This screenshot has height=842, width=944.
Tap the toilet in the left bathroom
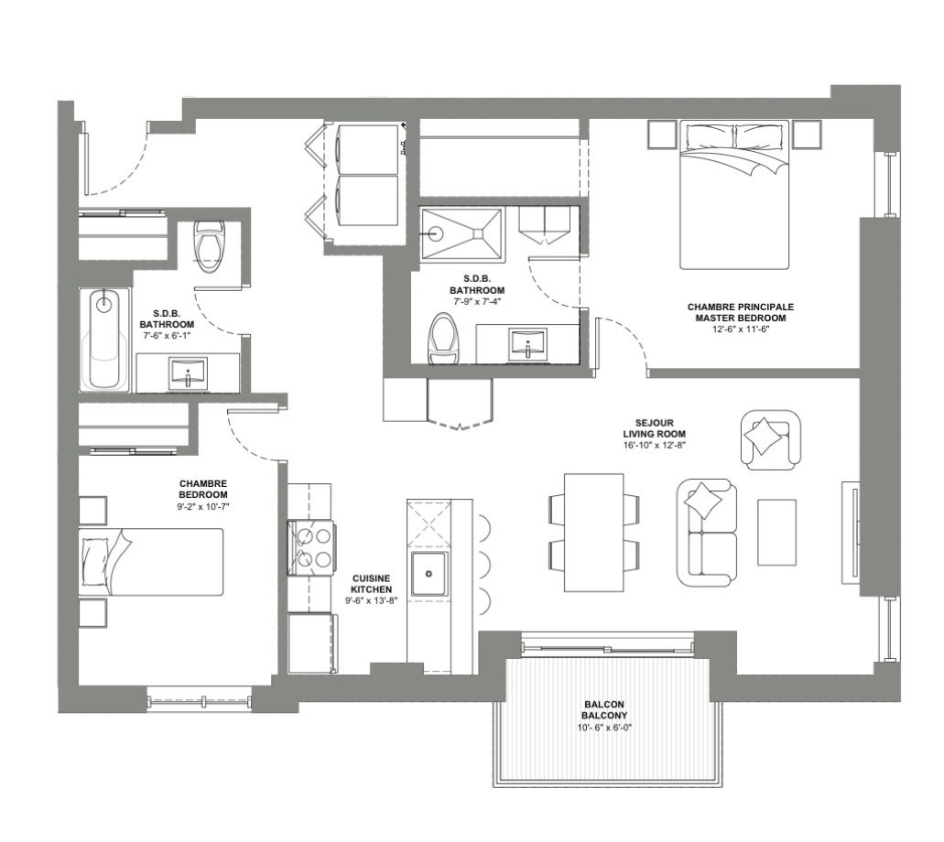(209, 246)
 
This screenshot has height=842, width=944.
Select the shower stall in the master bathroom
(461, 234)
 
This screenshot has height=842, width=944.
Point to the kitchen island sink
(429, 574)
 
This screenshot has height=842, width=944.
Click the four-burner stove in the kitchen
(311, 547)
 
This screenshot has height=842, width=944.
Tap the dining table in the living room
(594, 533)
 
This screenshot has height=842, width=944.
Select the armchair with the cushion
(770, 440)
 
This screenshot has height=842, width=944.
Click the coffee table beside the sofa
(776, 532)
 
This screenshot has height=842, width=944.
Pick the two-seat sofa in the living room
(707, 533)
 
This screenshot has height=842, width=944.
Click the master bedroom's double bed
(734, 195)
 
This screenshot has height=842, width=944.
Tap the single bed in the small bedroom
(151, 562)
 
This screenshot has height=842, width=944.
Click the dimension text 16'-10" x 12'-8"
(655, 446)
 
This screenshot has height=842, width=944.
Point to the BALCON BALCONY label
(604, 710)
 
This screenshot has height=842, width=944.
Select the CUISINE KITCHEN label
(372, 584)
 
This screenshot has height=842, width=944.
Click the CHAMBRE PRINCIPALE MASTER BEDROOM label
(741, 312)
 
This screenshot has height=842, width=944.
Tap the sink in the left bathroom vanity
(189, 373)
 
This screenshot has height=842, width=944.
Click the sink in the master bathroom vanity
(528, 345)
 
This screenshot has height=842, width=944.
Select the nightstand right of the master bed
(806, 135)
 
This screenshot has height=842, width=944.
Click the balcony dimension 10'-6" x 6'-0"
(604, 728)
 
